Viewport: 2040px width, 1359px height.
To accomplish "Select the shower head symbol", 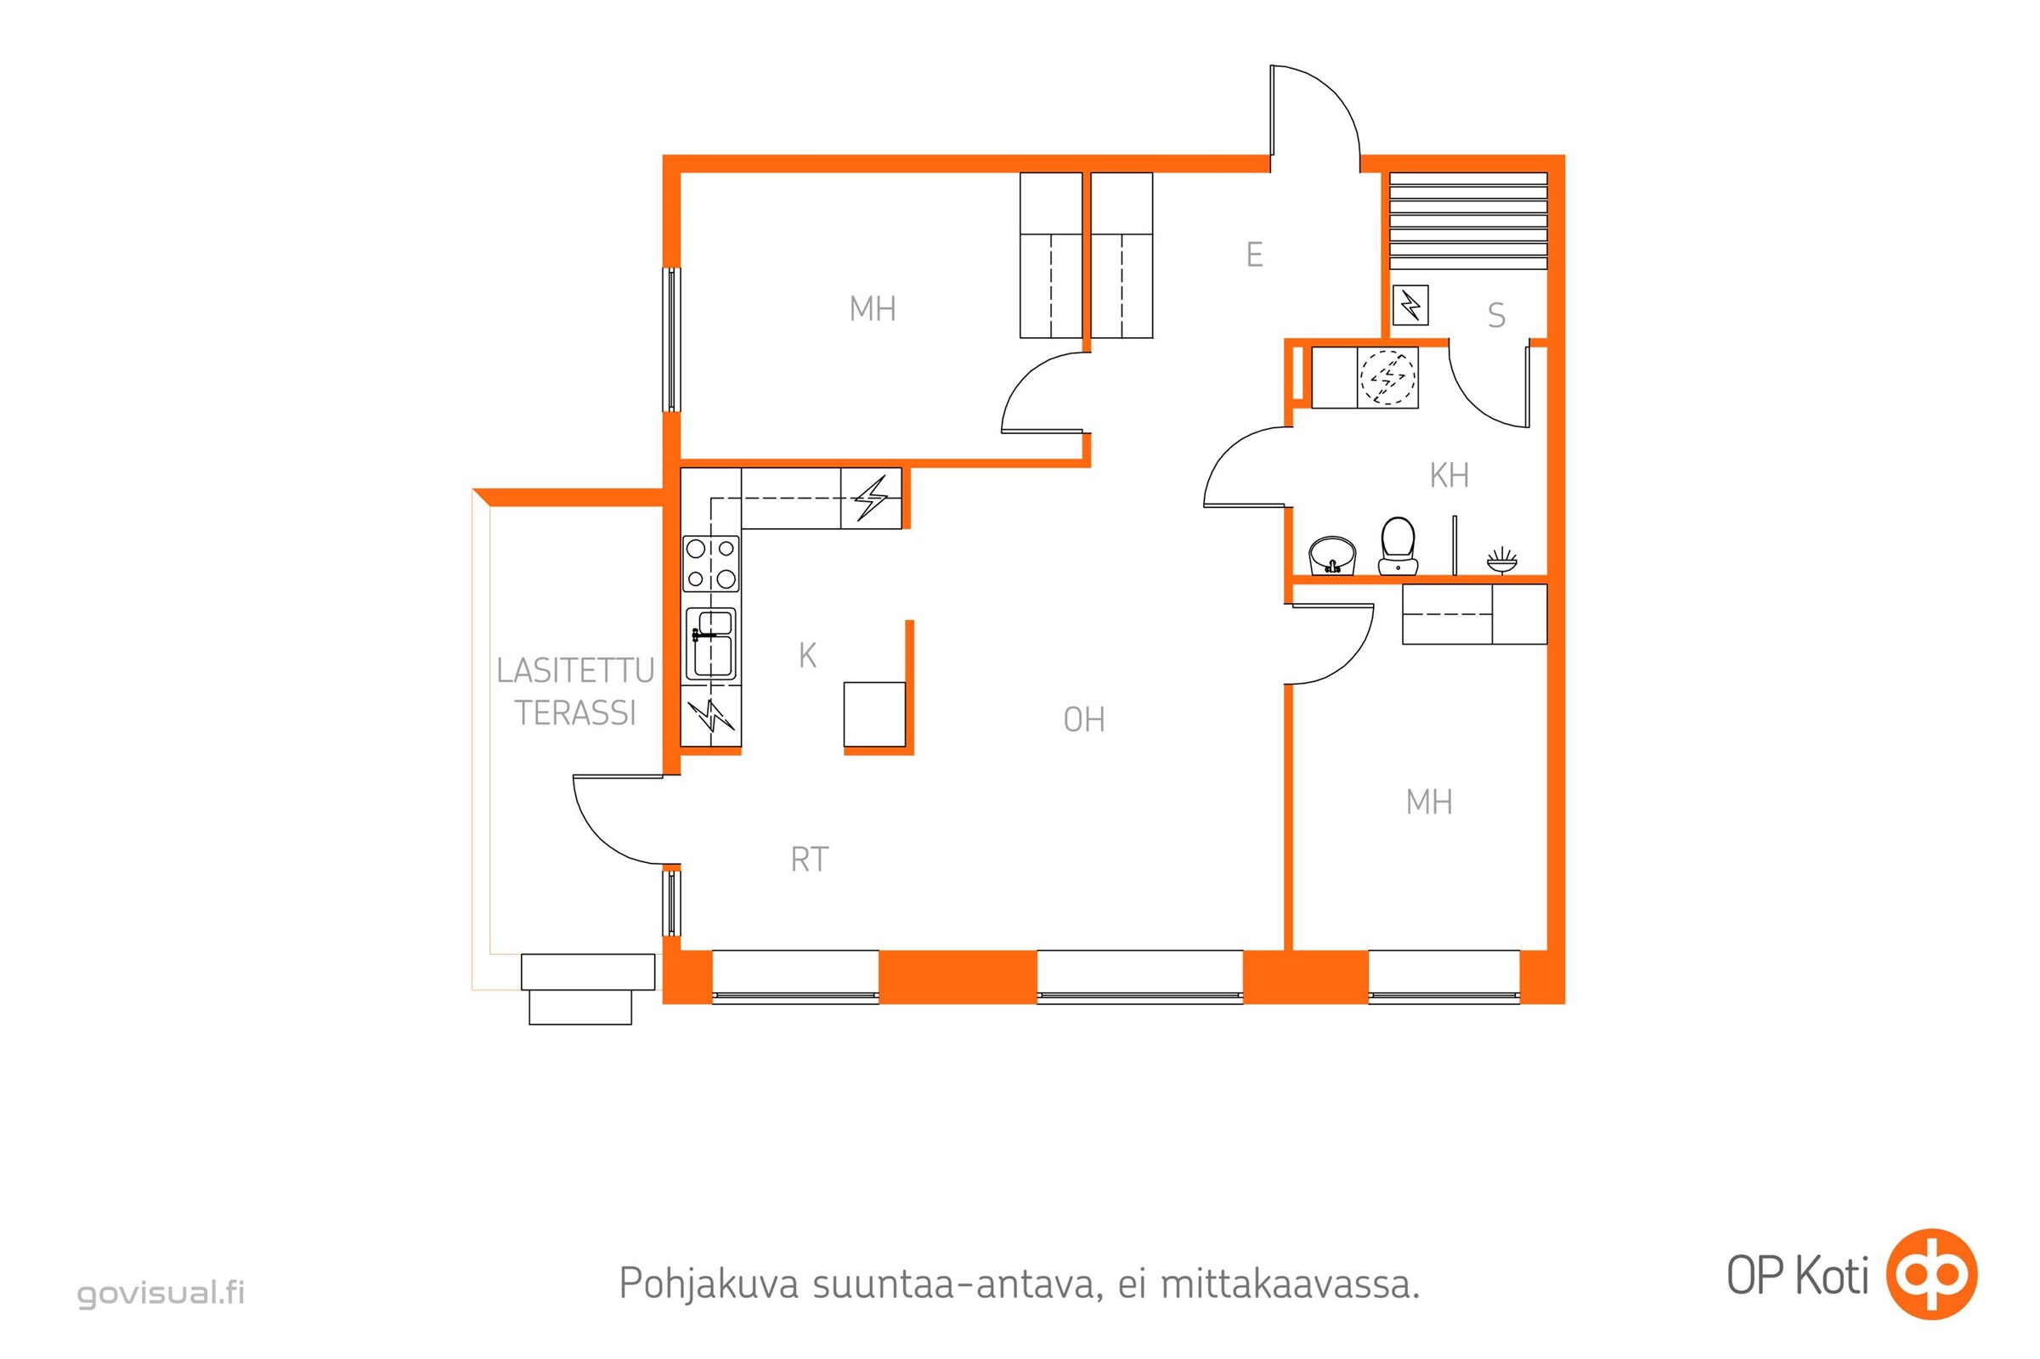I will pos(1501,560).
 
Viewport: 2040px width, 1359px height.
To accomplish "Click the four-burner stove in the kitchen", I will pos(711,563).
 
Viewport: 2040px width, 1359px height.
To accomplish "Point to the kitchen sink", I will pos(711,644).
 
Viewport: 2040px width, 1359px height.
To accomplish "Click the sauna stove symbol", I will pos(1410,305).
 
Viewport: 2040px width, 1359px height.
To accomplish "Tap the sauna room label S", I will pos(1496,315).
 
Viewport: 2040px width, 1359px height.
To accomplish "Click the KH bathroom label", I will pos(1449,476).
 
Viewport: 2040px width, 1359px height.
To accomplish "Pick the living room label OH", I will pos(1083,720).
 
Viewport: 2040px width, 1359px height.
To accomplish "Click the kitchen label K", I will pos(807,656).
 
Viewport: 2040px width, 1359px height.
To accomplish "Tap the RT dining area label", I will pos(810,860).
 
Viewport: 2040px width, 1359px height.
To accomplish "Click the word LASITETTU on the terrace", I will pos(575,671).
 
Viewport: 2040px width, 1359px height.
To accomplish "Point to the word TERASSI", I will pos(576,713).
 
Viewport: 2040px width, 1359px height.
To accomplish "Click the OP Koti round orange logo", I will pos(1931,1274).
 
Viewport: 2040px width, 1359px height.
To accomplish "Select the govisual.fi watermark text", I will pos(161,1293).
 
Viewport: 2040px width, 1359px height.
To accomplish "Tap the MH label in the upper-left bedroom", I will pos(873,309).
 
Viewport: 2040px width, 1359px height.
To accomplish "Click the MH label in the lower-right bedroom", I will pos(1429,803).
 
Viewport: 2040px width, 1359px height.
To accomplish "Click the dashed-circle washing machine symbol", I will pos(1387,378).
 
